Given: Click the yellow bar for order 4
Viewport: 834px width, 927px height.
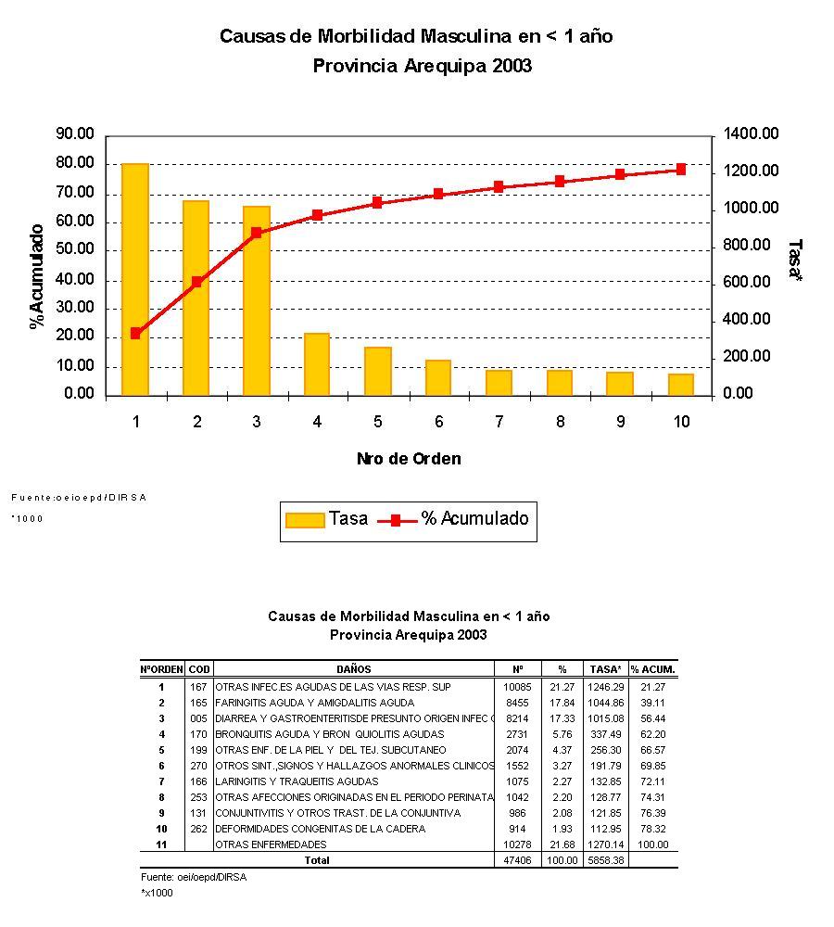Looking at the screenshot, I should pyautogui.click(x=317, y=364).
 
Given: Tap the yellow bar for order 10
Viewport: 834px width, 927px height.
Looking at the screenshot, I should pyautogui.click(x=681, y=385).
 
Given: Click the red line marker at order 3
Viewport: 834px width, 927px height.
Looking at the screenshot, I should pyautogui.click(x=257, y=233).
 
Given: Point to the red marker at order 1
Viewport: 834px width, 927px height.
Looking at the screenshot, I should pyautogui.click(x=135, y=333).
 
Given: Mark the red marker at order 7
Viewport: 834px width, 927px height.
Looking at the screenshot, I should pyautogui.click(x=499, y=186).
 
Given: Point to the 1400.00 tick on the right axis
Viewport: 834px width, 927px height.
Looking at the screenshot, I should pyautogui.click(x=752, y=135).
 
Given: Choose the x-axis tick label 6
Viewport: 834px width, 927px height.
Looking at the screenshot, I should pyautogui.click(x=438, y=423).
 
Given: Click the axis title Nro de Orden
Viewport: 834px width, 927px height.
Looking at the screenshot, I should pyautogui.click(x=409, y=459).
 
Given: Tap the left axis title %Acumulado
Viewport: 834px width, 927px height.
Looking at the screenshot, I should pyautogui.click(x=38, y=276).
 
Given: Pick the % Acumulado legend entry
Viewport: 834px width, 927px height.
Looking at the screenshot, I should pyautogui.click(x=454, y=519).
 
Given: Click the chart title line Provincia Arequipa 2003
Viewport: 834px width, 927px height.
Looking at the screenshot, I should pyautogui.click(x=422, y=67).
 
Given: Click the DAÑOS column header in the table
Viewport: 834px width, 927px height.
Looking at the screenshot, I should pyautogui.click(x=354, y=669).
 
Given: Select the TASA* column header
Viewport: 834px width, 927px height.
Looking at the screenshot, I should pyautogui.click(x=605, y=669).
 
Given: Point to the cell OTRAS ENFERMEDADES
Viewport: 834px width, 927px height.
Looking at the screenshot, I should pyautogui.click(x=271, y=844).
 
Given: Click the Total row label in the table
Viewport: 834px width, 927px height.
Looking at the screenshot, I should pyautogui.click(x=317, y=860).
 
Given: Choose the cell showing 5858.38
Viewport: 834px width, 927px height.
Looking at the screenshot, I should pyautogui.click(x=605, y=860).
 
